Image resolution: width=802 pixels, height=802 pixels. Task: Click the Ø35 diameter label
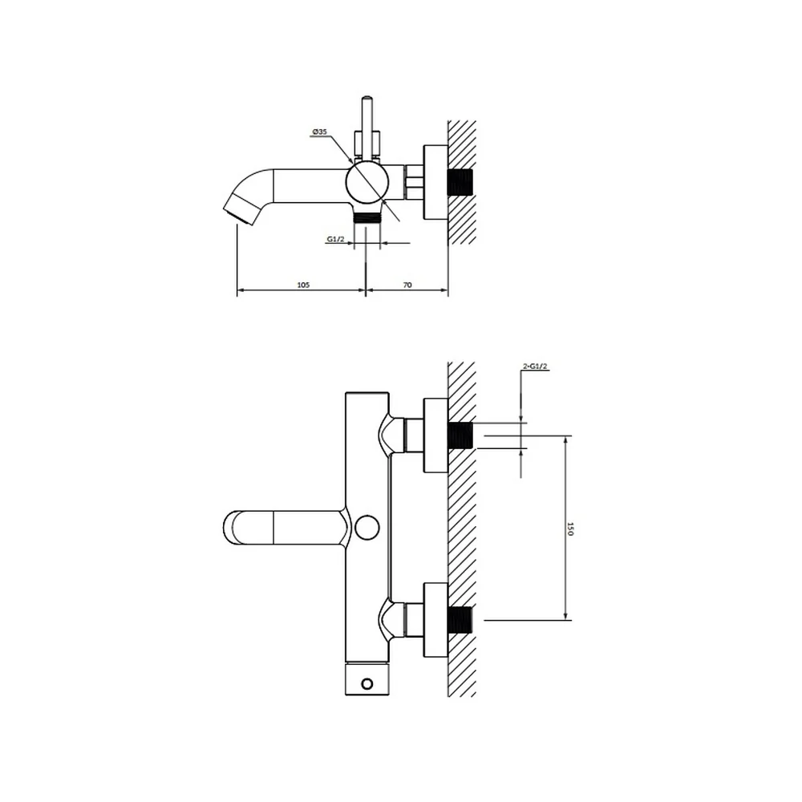coord(319,132)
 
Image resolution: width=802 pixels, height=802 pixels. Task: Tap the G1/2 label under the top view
coord(335,239)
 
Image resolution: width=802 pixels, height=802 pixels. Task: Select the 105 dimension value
coord(303,285)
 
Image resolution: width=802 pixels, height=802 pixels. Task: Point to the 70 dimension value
coord(407,285)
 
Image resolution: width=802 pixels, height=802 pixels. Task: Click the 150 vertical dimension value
coord(570,529)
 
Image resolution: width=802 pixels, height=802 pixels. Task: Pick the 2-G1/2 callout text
coord(535,367)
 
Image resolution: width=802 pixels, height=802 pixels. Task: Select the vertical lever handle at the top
coord(367,128)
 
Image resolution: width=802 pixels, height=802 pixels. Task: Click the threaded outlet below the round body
coord(367,217)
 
